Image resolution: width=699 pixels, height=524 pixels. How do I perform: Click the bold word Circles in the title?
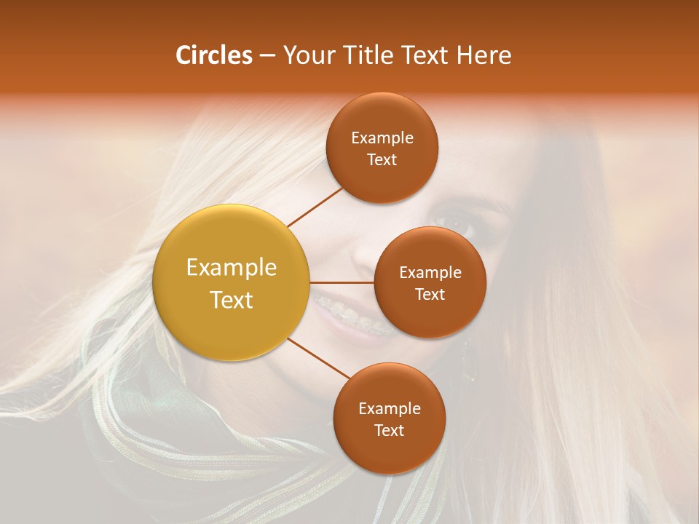[x=213, y=55]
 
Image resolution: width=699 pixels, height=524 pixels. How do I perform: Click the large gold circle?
[x=232, y=282]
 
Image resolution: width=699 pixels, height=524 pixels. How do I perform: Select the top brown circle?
[x=382, y=148]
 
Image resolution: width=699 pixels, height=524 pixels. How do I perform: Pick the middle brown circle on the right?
[x=430, y=282]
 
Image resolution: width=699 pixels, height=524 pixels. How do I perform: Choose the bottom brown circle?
[x=389, y=418]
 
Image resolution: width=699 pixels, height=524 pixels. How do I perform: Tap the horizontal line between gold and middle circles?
[x=342, y=282]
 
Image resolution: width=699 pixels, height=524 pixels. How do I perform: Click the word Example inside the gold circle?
[x=232, y=268]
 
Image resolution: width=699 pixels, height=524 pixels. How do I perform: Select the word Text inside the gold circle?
[x=232, y=300]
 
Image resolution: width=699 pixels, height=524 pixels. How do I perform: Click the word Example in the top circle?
[x=382, y=138]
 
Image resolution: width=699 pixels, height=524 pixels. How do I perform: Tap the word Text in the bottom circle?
[x=389, y=430]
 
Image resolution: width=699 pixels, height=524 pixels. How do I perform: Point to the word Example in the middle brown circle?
[x=430, y=273]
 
